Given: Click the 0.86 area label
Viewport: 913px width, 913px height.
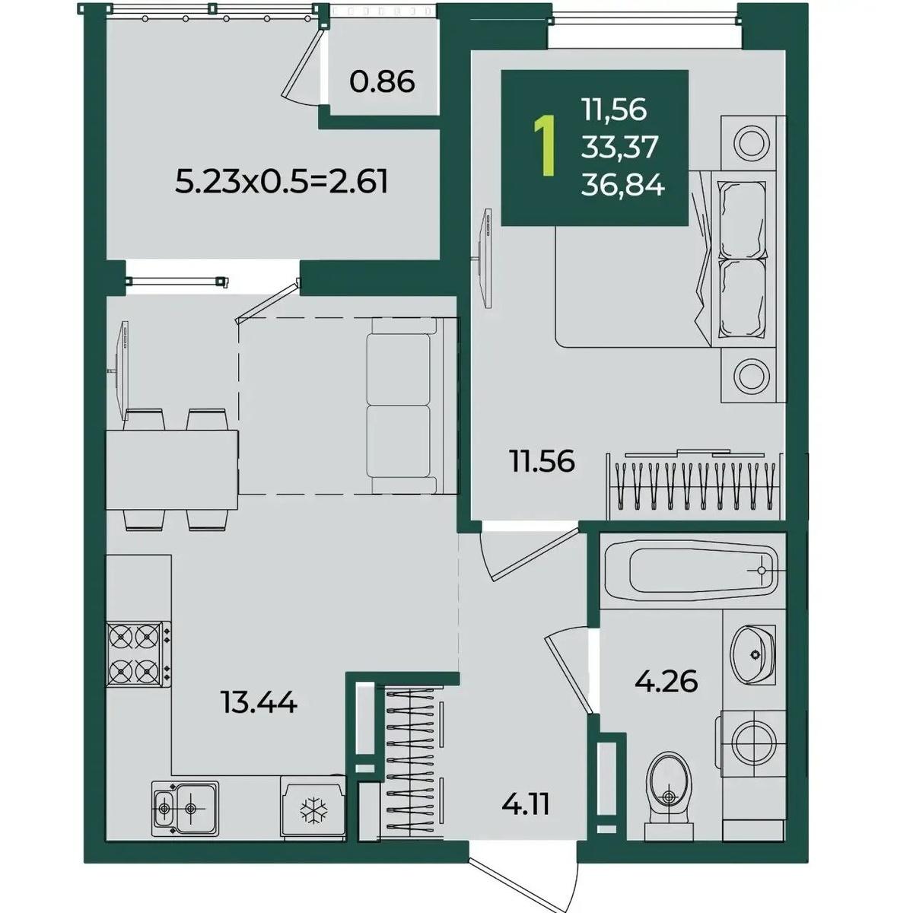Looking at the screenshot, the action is tap(382, 82).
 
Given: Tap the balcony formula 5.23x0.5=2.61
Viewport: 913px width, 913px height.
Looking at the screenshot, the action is tap(282, 183).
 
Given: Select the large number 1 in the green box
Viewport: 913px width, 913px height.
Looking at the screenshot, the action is tap(544, 147).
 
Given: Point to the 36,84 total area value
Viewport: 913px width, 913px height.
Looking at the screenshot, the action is tap(623, 185).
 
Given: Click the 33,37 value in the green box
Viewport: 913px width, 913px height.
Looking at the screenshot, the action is tap(620, 148).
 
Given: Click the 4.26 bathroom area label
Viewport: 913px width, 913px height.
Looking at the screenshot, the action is tap(666, 682).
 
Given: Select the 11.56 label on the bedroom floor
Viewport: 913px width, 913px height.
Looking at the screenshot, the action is tap(542, 460).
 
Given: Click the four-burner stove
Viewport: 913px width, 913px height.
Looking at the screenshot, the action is tap(138, 654).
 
